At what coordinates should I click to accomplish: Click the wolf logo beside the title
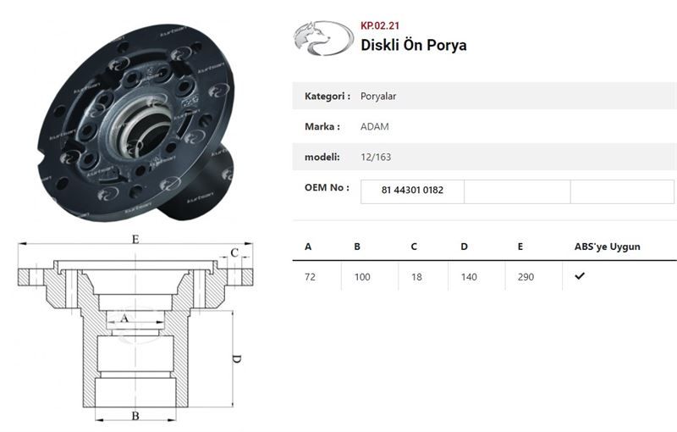(x=323, y=38)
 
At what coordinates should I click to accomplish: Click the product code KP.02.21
(x=380, y=25)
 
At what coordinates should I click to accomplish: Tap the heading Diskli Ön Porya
(x=414, y=45)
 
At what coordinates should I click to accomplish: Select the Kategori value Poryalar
(x=378, y=96)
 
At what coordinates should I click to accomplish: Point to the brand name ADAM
(x=375, y=126)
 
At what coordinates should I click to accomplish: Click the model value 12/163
(x=376, y=157)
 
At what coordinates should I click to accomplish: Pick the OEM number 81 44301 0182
(x=412, y=190)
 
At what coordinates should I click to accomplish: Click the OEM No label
(x=327, y=187)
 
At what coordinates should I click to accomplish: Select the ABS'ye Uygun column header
(x=607, y=246)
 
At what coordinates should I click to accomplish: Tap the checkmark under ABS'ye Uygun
(x=580, y=275)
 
